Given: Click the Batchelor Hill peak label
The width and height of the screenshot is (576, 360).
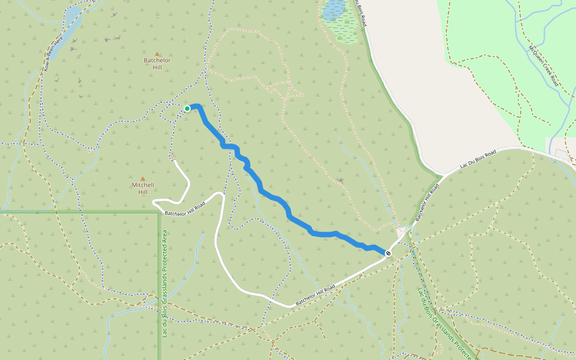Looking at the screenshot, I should click(157, 64).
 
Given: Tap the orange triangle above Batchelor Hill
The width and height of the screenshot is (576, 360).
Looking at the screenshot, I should click(157, 54).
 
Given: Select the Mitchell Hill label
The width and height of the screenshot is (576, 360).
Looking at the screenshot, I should click(143, 188).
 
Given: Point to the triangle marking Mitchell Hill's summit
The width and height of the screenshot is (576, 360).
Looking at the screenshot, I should click(143, 179).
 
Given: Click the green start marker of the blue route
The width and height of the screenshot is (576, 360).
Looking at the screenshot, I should click(187, 108).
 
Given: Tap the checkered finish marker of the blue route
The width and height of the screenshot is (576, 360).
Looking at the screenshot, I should click(388, 253).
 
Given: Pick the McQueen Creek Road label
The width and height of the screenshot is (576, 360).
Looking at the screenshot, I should click(544, 65).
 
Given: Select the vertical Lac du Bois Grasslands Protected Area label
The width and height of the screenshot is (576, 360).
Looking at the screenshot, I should click(164, 291).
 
